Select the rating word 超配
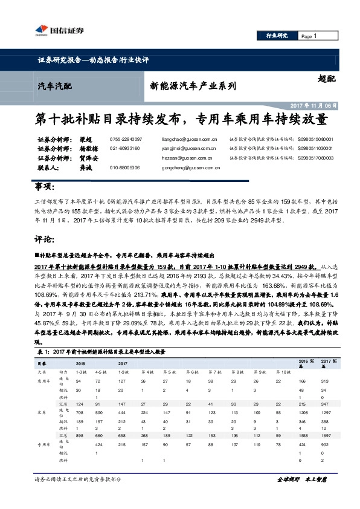[326, 79]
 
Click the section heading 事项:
[46, 186]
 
